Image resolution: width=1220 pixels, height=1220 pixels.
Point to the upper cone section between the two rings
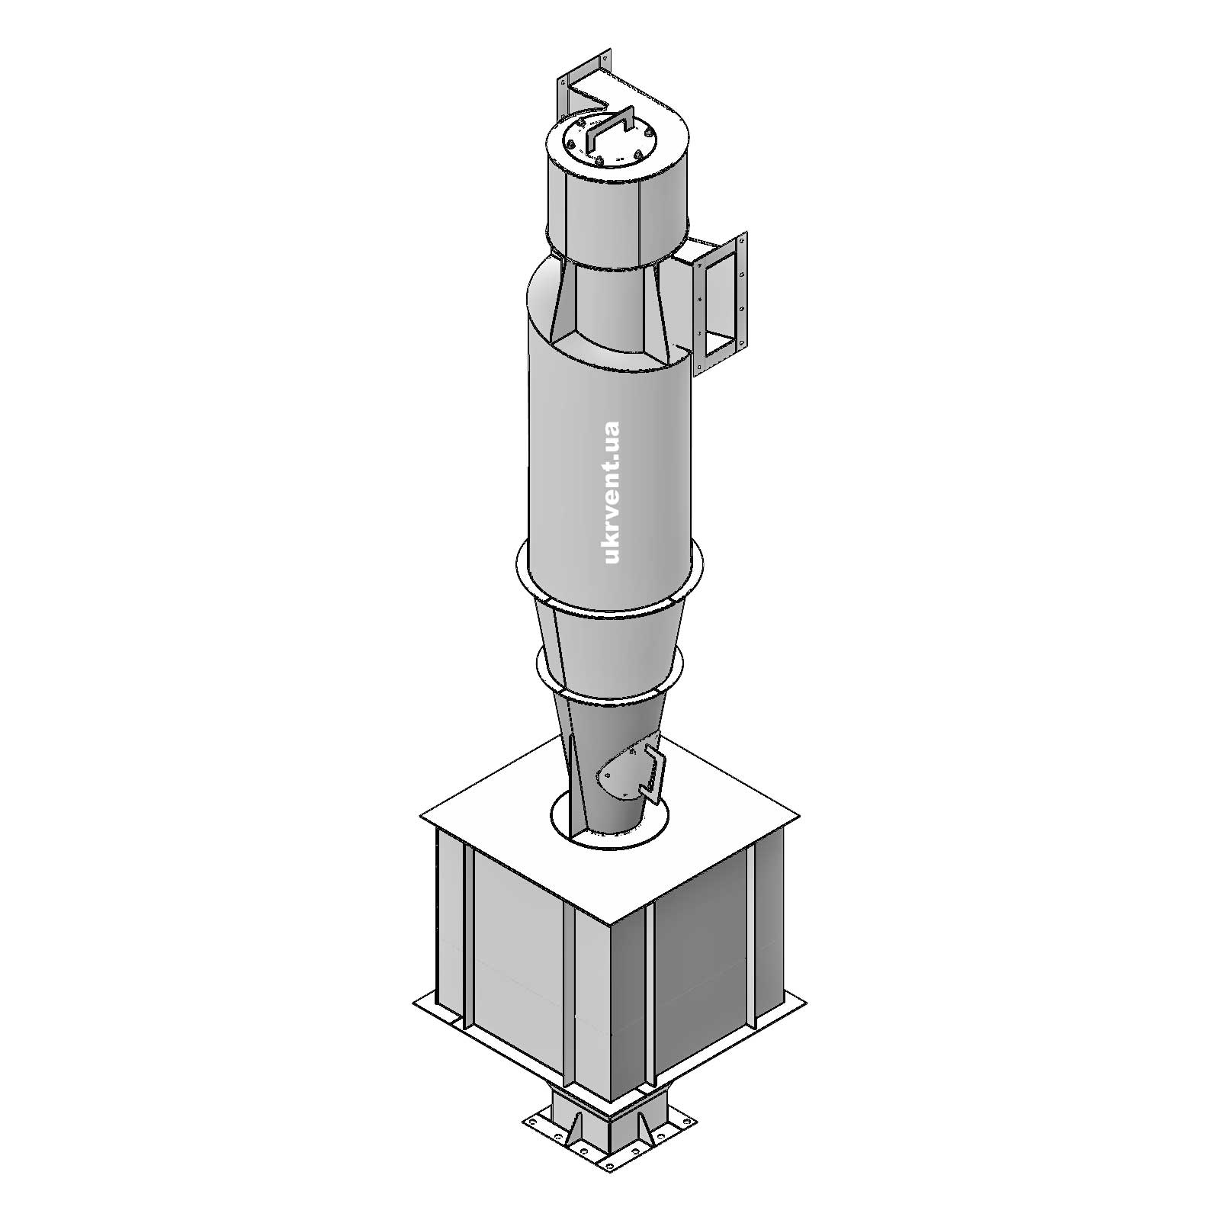(610, 633)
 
